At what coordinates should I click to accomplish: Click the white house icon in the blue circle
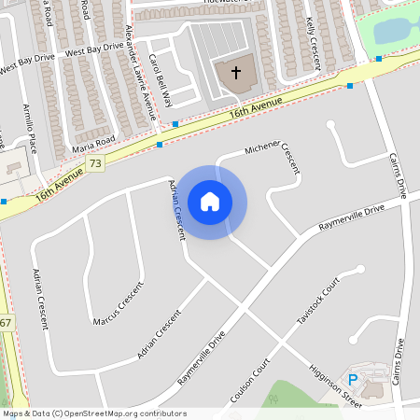pos(210,201)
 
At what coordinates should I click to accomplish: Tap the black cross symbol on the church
pos(235,72)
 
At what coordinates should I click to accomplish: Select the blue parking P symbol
pos(353,379)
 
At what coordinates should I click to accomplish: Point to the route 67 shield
pos(6,323)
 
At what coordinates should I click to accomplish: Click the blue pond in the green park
pos(396,28)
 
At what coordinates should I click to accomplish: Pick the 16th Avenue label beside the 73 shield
pos(54,189)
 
